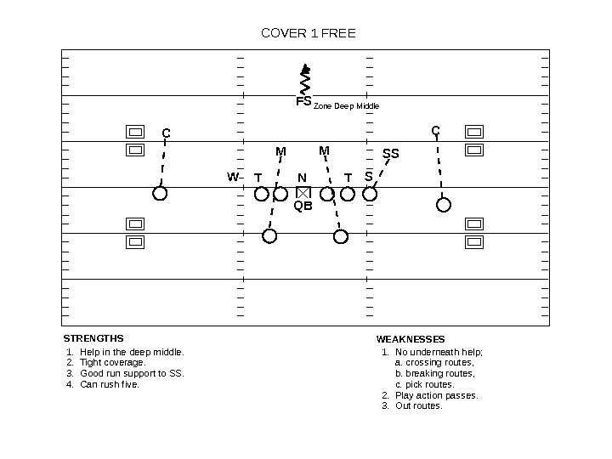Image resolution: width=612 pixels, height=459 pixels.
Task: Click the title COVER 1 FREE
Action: (309, 34)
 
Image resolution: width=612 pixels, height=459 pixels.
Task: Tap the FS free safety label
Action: (303, 102)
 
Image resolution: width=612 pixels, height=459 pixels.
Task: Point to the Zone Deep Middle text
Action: (346, 106)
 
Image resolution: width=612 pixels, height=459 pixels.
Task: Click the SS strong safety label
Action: (390, 154)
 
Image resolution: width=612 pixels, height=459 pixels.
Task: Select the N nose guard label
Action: (302, 178)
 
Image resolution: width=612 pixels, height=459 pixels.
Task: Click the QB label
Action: (303, 206)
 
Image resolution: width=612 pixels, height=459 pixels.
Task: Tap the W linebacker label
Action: (232, 178)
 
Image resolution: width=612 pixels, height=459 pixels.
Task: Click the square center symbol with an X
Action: (303, 193)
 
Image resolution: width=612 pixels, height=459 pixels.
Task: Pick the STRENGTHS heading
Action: (93, 338)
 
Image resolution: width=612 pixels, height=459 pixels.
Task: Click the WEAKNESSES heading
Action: (411, 339)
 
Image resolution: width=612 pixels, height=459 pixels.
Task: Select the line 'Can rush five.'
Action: (110, 384)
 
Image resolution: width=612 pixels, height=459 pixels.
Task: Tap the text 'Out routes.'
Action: (419, 405)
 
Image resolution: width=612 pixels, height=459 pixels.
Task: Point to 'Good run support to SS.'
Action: (132, 373)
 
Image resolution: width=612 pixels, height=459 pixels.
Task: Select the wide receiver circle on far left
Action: (160, 194)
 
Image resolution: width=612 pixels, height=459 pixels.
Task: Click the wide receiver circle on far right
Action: (444, 204)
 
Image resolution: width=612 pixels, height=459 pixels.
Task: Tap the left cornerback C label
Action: (167, 133)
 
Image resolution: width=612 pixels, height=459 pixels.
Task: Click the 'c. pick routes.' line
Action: (425, 384)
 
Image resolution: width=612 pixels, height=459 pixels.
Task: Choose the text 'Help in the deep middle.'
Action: (132, 352)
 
